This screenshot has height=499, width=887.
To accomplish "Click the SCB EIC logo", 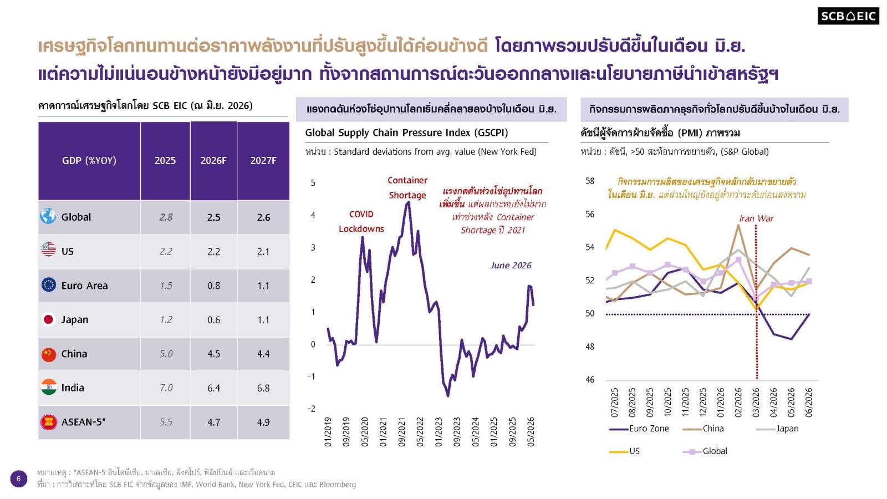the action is pos(848,16).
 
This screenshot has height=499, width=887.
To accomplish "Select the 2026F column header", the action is pos(213,160).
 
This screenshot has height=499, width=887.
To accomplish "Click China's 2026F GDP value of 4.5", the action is pos(214,354).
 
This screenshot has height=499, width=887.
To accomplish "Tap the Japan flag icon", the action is pos(48,319).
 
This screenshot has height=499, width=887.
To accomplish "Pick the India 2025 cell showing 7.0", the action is pos(166,388).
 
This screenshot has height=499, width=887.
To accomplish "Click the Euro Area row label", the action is pos(84,286).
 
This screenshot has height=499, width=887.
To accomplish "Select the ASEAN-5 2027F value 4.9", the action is pos(263,422).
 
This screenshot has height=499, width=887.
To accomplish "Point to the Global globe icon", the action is pos(48,216).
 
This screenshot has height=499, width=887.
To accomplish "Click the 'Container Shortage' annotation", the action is pos(407,188).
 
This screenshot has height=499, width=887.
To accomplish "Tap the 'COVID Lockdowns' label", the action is pos(361,221).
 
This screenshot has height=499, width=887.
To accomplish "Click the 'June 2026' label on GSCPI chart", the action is pos(511,266).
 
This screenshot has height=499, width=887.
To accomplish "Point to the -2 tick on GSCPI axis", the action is pos(312,409).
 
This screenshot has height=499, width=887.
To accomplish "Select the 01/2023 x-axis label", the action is pos(439,432).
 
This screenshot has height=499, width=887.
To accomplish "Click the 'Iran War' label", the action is pos(756,218).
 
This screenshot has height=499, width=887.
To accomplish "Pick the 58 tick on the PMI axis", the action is pos(590,181).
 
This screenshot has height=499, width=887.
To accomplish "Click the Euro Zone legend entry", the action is pos(639,429).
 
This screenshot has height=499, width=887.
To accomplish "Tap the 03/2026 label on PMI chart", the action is pos(756,403).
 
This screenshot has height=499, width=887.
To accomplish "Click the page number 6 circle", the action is pos(19,479).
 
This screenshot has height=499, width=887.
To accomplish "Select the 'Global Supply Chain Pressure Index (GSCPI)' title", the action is pos(406,133).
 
